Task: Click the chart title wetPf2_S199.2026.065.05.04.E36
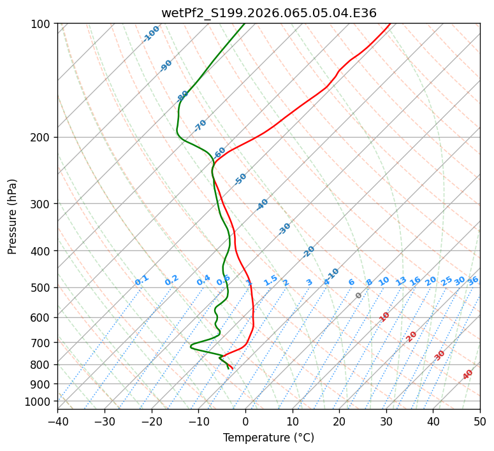(268, 13)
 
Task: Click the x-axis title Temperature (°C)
(268, 438)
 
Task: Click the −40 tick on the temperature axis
(57, 421)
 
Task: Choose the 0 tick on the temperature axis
(245, 421)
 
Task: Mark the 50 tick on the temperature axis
(480, 421)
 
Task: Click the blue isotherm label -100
(151, 33)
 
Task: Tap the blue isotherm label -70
(200, 125)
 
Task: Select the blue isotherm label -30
(284, 228)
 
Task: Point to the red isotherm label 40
(468, 374)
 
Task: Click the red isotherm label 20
(412, 336)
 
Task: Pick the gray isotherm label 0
(359, 296)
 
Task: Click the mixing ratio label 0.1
(142, 280)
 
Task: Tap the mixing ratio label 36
(473, 280)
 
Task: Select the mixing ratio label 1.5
(270, 280)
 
